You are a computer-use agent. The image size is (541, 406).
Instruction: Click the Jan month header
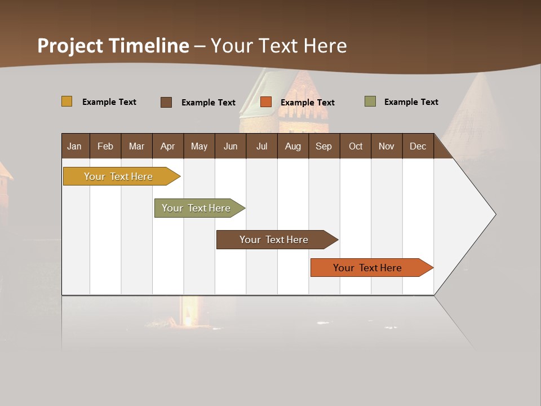pyautogui.click(x=75, y=146)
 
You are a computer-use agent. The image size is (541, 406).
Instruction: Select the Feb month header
pyautogui.click(x=105, y=146)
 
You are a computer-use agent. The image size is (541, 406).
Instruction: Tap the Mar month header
pyautogui.click(x=136, y=146)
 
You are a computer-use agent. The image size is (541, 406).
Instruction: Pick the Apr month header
pyautogui.click(x=168, y=146)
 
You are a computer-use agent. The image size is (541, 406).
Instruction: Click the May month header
pyautogui.click(x=199, y=146)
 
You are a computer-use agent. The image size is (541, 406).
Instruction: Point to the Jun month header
pyautogui.click(x=230, y=146)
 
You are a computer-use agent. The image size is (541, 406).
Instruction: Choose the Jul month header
pyautogui.click(x=261, y=146)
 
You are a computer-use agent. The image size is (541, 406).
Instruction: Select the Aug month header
pyautogui.click(x=293, y=146)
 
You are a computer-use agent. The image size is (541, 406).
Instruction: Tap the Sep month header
pyautogui.click(x=324, y=146)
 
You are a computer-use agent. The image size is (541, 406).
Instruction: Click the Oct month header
pyautogui.click(x=356, y=146)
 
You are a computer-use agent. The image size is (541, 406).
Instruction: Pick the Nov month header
pyautogui.click(x=387, y=146)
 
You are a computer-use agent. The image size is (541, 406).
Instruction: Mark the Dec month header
pyautogui.click(x=418, y=146)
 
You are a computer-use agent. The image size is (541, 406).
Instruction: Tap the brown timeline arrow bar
pyautogui.click(x=274, y=240)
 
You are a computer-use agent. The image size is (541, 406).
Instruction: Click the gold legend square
pyautogui.click(x=67, y=101)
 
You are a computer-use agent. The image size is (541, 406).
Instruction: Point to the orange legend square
pyautogui.click(x=266, y=102)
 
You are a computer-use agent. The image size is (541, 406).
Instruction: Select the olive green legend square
pyautogui.click(x=370, y=101)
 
